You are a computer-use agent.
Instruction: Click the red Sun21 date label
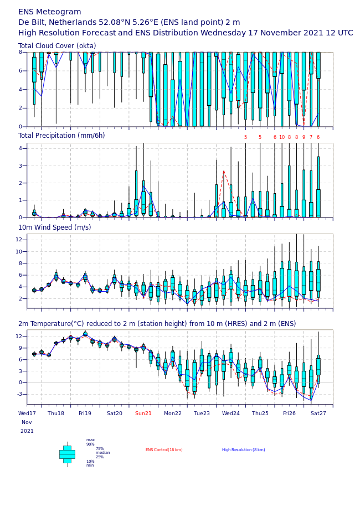click(143, 413)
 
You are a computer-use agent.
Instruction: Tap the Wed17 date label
click(27, 413)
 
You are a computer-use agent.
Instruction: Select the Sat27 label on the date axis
click(318, 413)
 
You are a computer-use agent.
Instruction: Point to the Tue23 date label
click(202, 413)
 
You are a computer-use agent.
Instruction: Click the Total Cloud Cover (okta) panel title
click(57, 46)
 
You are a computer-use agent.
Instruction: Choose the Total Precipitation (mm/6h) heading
click(61, 136)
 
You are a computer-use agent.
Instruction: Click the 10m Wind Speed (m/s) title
click(55, 227)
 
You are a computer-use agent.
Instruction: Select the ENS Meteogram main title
click(50, 12)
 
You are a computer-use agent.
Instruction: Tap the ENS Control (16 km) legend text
click(164, 450)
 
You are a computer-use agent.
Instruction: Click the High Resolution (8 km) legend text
click(244, 450)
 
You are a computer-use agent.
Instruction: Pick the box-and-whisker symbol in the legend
click(67, 454)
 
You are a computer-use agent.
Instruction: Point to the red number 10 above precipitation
click(282, 137)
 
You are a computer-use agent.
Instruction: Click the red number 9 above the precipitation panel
click(304, 137)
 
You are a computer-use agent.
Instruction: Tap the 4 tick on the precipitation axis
click(20, 148)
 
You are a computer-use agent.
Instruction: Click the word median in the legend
click(103, 453)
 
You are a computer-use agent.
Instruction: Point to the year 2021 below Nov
click(27, 431)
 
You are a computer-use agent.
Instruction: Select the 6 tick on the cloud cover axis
click(20, 71)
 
